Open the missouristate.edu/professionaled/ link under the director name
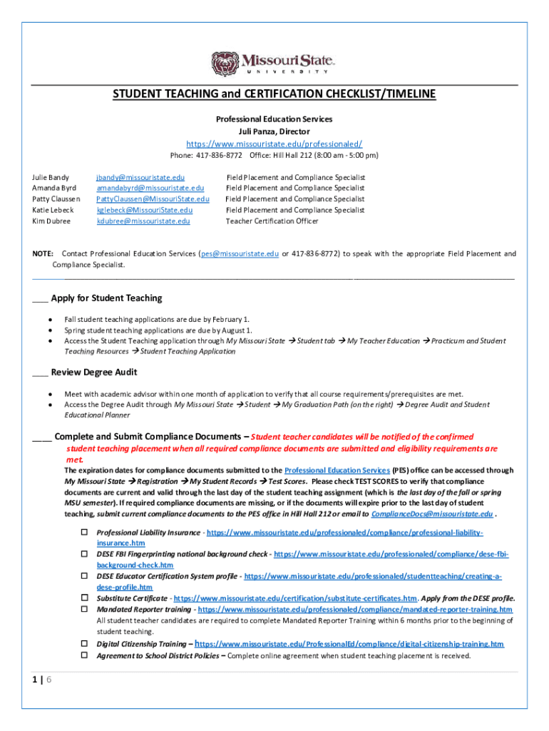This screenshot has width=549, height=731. (x=274, y=143)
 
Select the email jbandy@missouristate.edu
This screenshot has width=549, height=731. (x=140, y=177)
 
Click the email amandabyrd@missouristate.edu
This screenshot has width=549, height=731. (x=150, y=188)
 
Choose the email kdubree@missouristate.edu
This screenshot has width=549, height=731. (x=143, y=221)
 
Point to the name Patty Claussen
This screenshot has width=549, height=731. (x=56, y=199)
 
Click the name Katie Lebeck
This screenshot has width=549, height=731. (x=53, y=210)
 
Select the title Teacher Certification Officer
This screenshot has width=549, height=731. (x=272, y=221)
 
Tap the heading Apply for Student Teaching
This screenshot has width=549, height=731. (x=106, y=298)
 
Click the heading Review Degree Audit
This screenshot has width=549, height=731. (x=94, y=372)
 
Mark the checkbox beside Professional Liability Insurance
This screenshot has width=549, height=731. (x=83, y=533)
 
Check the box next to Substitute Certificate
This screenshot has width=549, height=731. (x=83, y=598)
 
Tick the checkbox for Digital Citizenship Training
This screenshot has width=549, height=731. (x=83, y=643)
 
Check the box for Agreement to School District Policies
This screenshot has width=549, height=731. (x=83, y=655)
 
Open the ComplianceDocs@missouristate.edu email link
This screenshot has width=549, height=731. (x=432, y=514)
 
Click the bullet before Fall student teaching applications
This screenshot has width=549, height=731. (x=51, y=319)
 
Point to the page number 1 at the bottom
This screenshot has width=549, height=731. (x=35, y=680)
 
